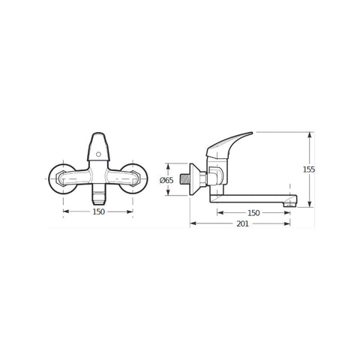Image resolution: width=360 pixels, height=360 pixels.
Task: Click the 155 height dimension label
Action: tap(309, 169)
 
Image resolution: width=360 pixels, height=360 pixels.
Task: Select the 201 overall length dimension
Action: tap(242, 223)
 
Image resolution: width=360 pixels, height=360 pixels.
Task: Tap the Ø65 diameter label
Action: tap(166, 180)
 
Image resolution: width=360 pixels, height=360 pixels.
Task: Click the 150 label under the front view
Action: tap(99, 211)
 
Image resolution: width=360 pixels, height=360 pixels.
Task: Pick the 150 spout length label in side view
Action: tap(253, 213)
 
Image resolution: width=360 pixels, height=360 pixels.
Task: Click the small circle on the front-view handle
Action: tap(98, 154)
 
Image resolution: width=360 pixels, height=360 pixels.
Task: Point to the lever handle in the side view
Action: tap(226, 146)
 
